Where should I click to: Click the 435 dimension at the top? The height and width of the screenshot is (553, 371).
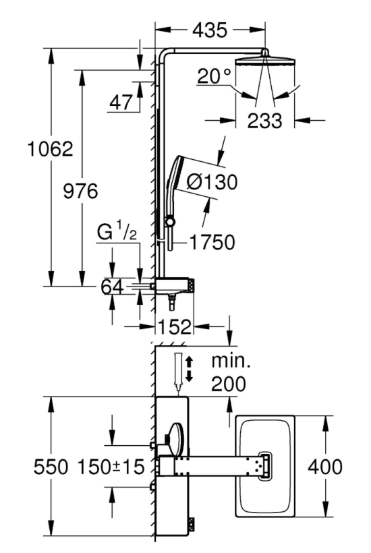pyautogui.click(x=210, y=30)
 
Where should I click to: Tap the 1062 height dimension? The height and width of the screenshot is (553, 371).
pyautogui.click(x=51, y=149)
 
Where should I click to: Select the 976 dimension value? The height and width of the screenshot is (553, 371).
pyautogui.click(x=80, y=192)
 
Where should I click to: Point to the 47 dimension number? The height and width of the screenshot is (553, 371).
pyautogui.click(x=121, y=103)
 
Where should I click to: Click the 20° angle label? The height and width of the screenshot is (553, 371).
pyautogui.click(x=215, y=76)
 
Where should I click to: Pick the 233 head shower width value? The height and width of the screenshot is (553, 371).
pyautogui.click(x=265, y=121)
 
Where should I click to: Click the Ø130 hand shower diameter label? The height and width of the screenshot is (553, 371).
pyautogui.click(x=212, y=182)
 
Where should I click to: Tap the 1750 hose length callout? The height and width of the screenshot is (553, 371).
pyautogui.click(x=212, y=243)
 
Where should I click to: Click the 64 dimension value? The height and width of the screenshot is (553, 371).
pyautogui.click(x=113, y=287)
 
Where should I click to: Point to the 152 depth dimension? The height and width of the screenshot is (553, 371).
pyautogui.click(x=175, y=327)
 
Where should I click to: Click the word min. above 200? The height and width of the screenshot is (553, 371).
pyautogui.click(x=231, y=361)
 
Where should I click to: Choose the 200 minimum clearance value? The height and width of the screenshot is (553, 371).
pyautogui.click(x=229, y=383)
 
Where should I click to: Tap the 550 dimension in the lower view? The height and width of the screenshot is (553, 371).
pyautogui.click(x=51, y=467)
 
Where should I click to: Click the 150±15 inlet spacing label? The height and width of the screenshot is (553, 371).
pyautogui.click(x=111, y=467)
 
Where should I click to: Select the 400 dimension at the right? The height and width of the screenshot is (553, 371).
pyautogui.click(x=325, y=467)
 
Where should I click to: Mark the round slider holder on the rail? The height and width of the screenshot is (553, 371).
pyautogui.click(x=171, y=221)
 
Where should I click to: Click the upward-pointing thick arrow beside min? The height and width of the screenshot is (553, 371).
pyautogui.click(x=190, y=362)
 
